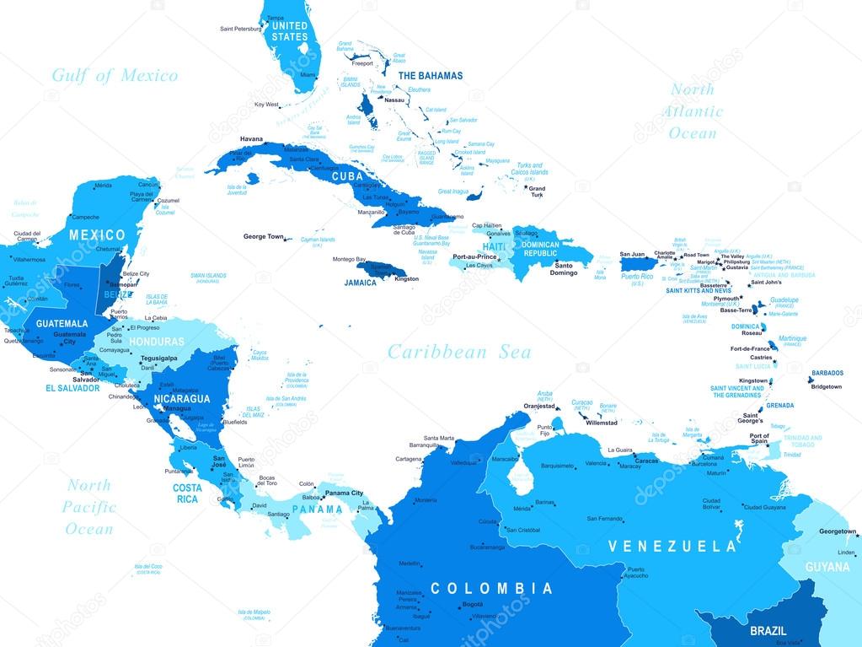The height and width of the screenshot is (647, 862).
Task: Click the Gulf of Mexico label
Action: [115, 76]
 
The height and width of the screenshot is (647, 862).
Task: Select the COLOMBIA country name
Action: [491, 588]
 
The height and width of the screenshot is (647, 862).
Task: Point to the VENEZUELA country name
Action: [672, 546]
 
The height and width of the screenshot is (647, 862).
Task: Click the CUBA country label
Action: [347, 177]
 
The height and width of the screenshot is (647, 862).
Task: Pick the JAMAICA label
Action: [361, 283]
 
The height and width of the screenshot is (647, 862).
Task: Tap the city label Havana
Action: [251, 139]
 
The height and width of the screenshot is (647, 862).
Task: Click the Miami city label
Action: [308, 75]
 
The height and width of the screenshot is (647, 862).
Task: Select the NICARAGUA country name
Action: [181, 397]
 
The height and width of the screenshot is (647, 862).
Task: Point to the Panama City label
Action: [345, 493]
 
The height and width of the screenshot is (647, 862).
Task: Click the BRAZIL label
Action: [768, 630]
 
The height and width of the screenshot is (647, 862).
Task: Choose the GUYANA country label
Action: [827, 567]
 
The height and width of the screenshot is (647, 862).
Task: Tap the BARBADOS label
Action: [827, 373]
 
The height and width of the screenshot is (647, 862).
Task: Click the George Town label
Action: [264, 237]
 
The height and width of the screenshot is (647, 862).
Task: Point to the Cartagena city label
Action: [407, 459]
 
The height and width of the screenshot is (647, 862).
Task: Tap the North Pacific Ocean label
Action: [89, 507]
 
